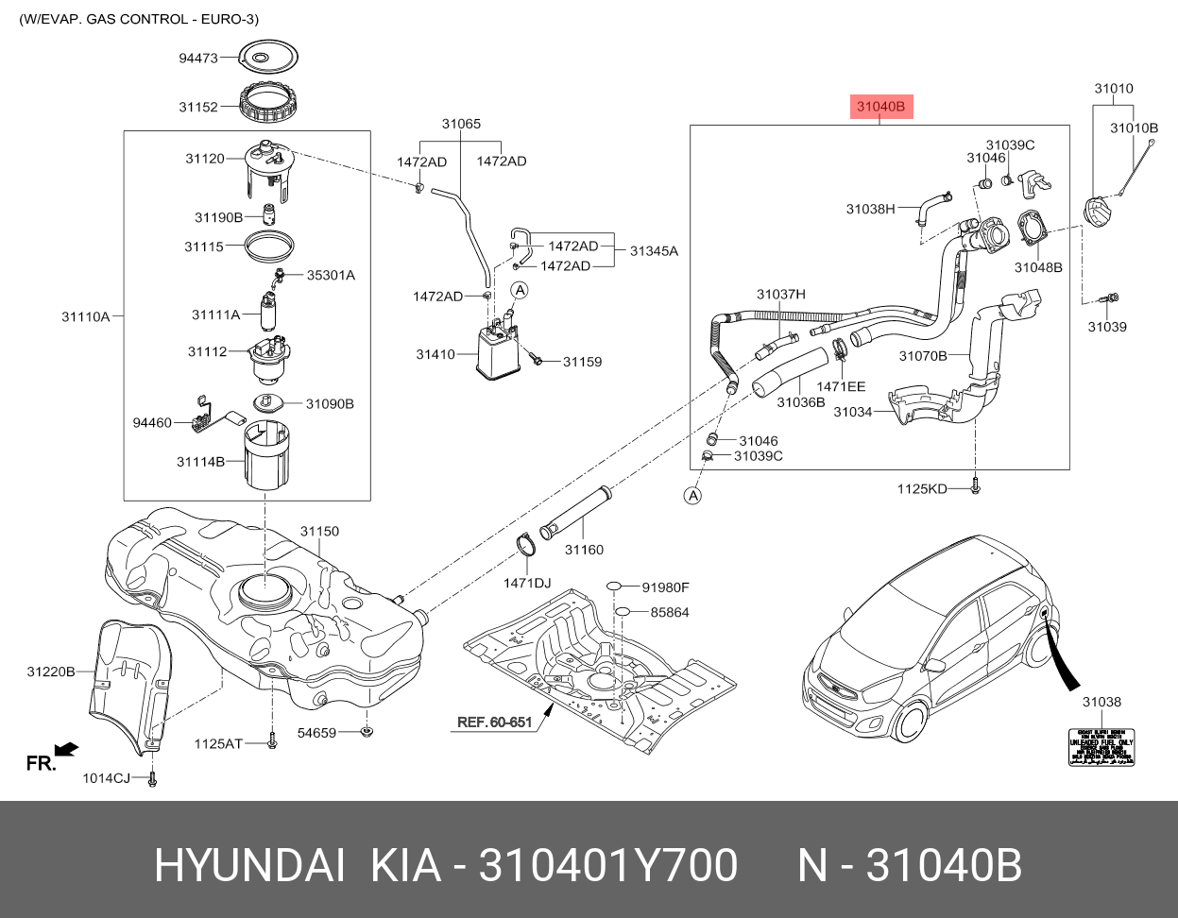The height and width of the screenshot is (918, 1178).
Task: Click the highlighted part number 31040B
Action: [880, 108]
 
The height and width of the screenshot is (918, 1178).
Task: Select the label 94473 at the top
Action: [198, 58]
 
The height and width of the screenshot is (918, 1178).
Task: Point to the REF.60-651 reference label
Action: [495, 722]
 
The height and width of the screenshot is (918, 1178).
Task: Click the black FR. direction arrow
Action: [65, 750]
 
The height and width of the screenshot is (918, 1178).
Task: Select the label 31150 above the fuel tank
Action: [319, 533]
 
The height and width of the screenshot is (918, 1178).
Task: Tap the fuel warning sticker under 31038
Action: [1101, 747]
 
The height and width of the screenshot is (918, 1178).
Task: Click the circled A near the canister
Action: [520, 289]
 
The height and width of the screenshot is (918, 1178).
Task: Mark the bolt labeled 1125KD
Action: [977, 488]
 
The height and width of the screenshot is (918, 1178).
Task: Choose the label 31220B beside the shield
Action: [50, 671]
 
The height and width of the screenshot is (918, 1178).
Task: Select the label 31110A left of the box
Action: [86, 316]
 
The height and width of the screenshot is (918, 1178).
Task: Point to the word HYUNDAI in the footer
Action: [248, 865]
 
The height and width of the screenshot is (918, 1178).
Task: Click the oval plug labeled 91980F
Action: [613, 586]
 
